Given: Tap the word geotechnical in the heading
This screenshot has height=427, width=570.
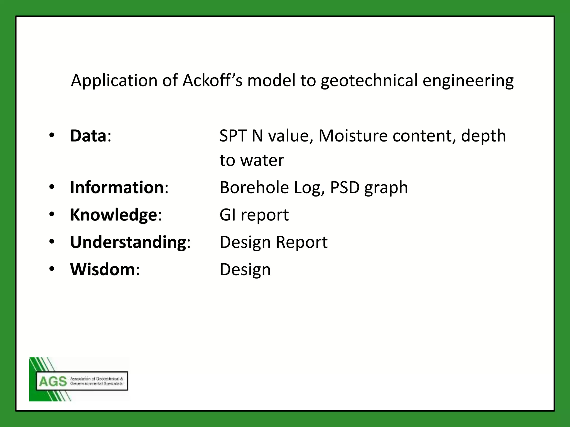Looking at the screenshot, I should [369, 81].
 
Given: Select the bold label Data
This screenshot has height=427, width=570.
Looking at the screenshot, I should [88, 136].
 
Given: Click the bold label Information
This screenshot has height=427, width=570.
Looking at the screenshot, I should [117, 187].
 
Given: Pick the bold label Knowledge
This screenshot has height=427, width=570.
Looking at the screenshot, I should [114, 215].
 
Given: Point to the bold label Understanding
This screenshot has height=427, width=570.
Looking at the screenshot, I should [128, 242].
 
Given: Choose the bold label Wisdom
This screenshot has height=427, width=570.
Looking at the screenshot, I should [102, 269].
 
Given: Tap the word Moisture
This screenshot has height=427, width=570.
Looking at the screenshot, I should [353, 136].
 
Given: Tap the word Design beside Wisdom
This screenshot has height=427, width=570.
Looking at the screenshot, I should [245, 269].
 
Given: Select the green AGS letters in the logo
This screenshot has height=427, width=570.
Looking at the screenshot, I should [53, 381].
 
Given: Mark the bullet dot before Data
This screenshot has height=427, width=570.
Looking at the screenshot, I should [52, 135].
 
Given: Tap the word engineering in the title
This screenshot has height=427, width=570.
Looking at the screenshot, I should [468, 81].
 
